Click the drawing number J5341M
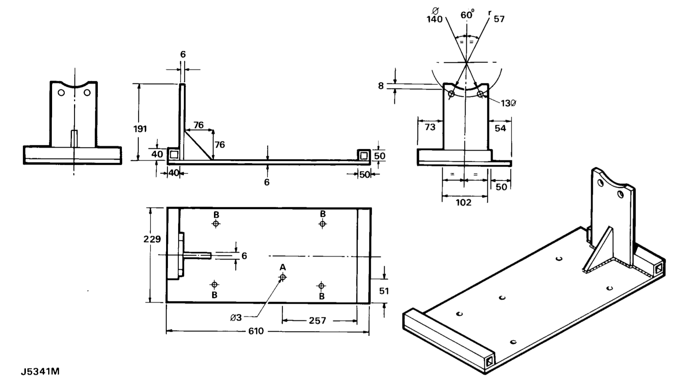40,372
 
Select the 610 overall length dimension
256,331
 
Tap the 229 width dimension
152,239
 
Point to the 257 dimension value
317,321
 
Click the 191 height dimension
140,129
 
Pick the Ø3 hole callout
236,318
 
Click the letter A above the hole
283,267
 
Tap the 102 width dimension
464,202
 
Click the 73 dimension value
430,127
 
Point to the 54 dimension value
500,128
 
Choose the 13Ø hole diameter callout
508,103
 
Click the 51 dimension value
384,291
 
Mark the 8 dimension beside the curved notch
381,86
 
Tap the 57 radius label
499,19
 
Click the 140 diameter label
435,19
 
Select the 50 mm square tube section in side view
363,155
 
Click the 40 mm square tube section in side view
174,154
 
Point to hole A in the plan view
283,277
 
